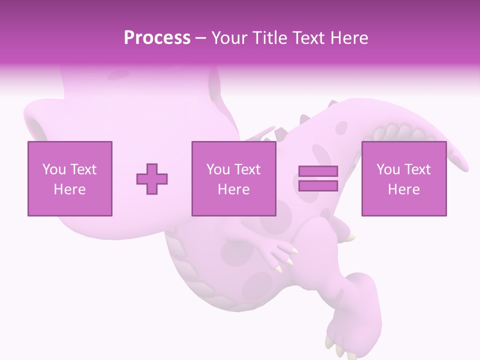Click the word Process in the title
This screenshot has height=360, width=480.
pos(157,38)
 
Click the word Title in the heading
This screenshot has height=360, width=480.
pos(268,38)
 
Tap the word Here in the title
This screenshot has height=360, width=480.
pos(350,38)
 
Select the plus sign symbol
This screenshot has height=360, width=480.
pos(152,178)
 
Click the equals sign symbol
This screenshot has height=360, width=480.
pos(318,178)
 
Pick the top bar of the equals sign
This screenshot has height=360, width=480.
pos(318,171)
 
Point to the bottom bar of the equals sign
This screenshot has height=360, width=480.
pos(318,185)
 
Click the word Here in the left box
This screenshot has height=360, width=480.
pos(69,189)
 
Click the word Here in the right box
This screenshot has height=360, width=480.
pos(403,189)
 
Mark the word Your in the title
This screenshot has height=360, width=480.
pos(230,38)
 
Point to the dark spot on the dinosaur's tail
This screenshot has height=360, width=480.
pos(341,128)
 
